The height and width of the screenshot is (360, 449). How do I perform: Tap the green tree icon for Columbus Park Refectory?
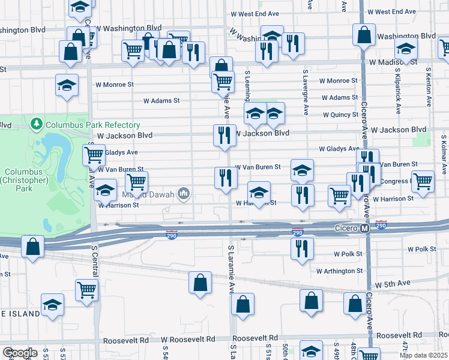37,125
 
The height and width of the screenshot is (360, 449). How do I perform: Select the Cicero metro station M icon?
364,229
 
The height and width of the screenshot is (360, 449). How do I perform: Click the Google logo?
19,353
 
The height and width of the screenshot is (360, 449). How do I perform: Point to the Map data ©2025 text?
423,355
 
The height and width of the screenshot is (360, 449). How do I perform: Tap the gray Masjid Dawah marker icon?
184,193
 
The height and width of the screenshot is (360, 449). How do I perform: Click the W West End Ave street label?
392,12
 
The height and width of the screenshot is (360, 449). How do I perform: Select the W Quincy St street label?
340,115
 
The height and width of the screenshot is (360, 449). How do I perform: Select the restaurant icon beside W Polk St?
302,247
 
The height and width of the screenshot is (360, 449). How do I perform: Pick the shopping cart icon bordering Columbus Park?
94,154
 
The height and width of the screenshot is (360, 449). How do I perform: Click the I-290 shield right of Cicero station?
381,225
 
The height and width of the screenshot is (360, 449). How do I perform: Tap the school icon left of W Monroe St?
67,85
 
